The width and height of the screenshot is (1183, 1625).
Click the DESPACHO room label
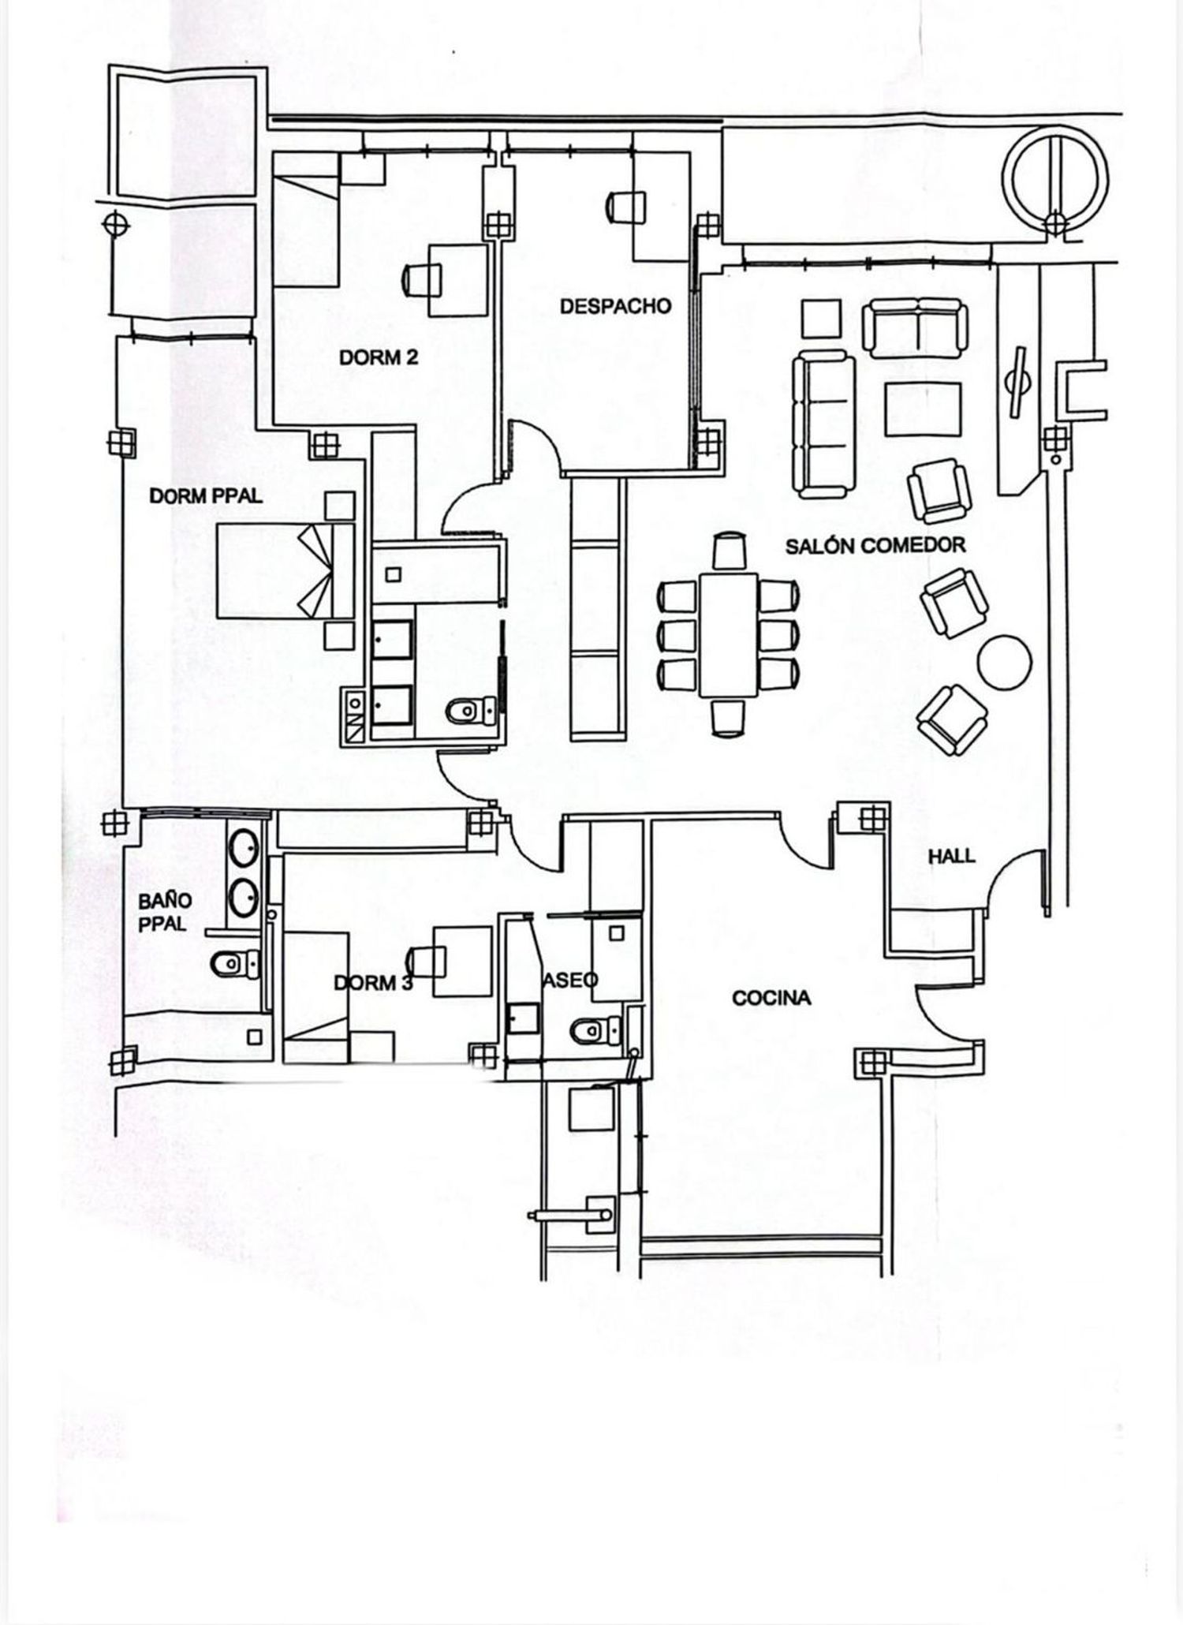click(615, 306)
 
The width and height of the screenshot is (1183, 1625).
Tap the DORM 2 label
click(379, 357)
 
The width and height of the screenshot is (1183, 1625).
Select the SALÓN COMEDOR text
click(875, 545)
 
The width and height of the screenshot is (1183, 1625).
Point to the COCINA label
click(771, 998)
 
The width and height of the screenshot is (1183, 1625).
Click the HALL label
click(951, 855)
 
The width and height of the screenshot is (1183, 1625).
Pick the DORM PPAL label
click(206, 496)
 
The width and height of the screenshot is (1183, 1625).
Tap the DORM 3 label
click(373, 983)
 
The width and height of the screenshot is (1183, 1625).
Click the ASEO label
click(571, 979)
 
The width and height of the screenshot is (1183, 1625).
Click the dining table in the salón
click(728, 634)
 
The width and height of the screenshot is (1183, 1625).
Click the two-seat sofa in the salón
click(915, 329)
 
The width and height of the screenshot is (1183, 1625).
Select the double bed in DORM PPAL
click(285, 571)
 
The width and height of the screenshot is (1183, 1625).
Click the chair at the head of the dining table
click(729, 551)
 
